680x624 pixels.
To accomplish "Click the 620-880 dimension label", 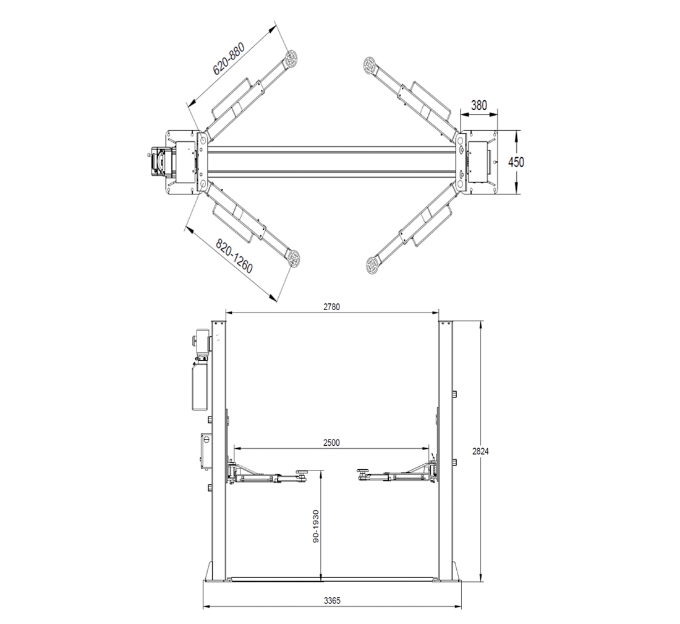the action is (x=229, y=59).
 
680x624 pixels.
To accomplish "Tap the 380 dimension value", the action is (x=478, y=105).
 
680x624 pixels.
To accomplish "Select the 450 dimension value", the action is (x=516, y=162).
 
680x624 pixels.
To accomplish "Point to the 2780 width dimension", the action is (x=332, y=307).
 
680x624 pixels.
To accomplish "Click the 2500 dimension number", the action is (x=331, y=443).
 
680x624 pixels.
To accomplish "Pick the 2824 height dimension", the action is (x=480, y=451).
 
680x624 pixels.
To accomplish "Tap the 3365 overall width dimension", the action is (x=332, y=601).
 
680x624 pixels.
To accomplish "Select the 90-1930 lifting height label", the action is (x=316, y=526).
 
